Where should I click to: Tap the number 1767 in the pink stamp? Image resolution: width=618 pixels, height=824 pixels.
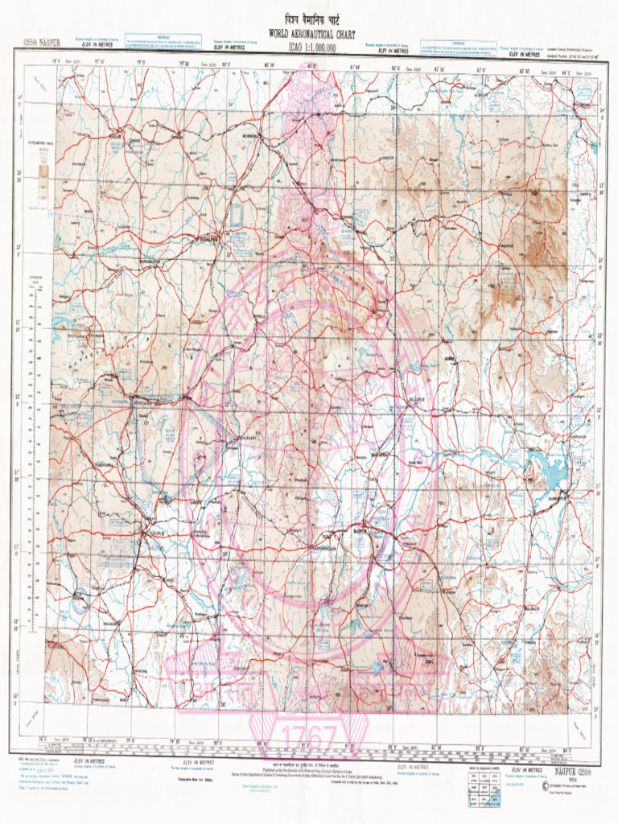(308, 735)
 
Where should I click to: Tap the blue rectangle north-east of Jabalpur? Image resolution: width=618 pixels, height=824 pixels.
(237, 215)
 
